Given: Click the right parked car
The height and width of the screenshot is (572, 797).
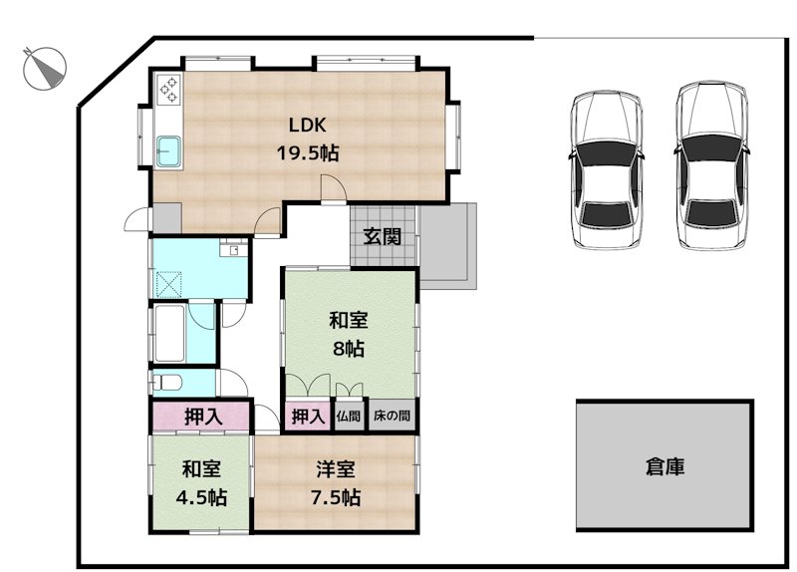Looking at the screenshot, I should (x=713, y=165).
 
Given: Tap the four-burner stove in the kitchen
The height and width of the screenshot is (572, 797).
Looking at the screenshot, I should (x=168, y=91).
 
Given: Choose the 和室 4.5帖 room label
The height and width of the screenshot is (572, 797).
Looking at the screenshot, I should (x=202, y=483).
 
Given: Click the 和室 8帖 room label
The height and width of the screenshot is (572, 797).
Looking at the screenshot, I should (x=349, y=334).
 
